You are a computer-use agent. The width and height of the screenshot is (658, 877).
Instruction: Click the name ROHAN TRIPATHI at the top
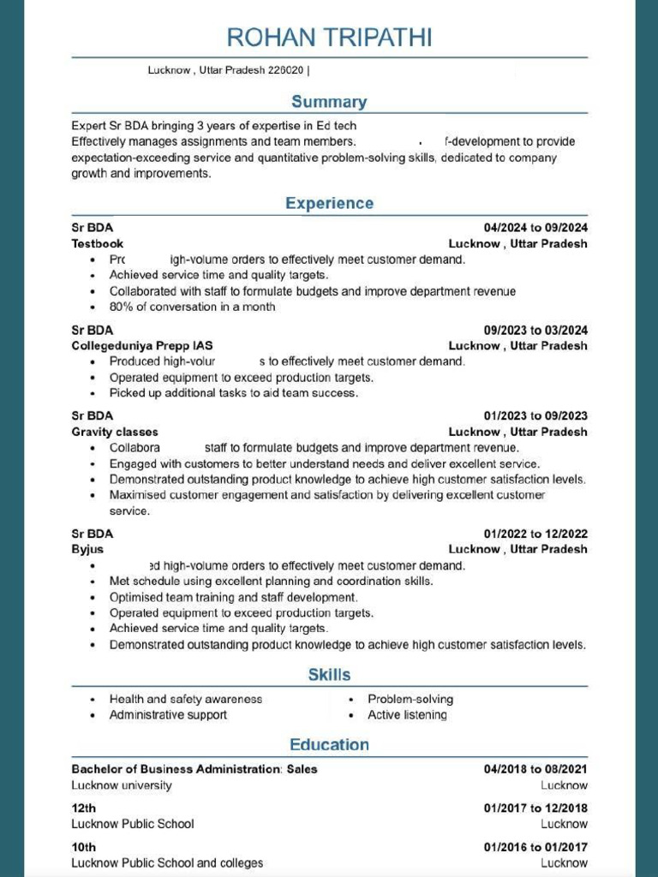point(329,38)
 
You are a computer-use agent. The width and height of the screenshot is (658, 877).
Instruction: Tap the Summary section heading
point(329,102)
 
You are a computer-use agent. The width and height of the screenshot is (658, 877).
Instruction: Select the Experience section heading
point(329,204)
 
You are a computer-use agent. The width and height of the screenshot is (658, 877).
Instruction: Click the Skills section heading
point(329,675)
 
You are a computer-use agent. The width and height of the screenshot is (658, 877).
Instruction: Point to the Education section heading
point(329,744)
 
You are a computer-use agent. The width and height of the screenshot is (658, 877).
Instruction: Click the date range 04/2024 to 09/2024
point(535,228)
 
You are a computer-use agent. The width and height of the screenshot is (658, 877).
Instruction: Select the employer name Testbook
point(97,244)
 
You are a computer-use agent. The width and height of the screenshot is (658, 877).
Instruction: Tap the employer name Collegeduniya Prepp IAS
point(141,346)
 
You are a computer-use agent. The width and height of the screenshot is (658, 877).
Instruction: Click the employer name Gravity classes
point(115,432)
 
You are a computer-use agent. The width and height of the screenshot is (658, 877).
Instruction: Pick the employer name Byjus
point(87,549)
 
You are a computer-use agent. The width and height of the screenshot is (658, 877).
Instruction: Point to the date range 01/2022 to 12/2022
point(535,534)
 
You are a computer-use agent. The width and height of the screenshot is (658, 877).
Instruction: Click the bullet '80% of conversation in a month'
point(192,307)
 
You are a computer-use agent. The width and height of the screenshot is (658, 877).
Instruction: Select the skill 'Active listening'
point(407,715)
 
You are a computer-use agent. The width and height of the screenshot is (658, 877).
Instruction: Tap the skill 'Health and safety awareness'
point(185,700)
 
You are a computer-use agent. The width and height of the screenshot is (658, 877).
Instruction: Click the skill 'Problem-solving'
point(410,700)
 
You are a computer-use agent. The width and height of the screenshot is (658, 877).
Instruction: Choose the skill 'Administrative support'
point(168,715)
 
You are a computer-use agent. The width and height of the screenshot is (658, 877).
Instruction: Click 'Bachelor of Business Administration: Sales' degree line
point(194,769)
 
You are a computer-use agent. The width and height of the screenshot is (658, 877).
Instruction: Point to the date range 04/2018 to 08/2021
point(535,769)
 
